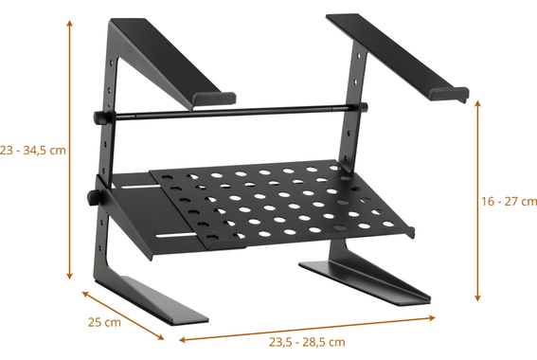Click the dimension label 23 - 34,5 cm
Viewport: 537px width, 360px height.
point(34,150)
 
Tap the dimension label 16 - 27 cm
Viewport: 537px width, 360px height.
point(508,201)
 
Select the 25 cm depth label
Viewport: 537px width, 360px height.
point(104,322)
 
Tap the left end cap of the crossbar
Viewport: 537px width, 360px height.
point(98,117)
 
